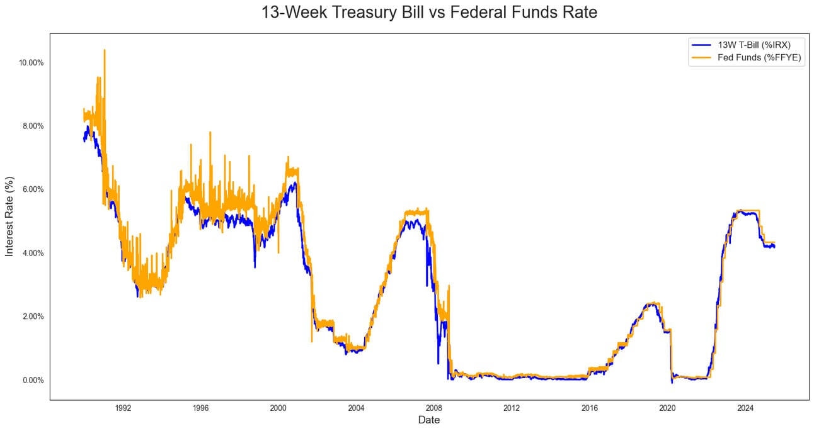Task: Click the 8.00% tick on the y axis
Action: [32, 126]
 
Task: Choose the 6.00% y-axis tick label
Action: [32, 189]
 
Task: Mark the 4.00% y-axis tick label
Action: [32, 253]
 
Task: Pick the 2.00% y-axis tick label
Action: [32, 316]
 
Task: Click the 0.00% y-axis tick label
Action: [32, 380]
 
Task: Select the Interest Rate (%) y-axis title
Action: [9, 216]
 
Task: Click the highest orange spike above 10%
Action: [105, 50]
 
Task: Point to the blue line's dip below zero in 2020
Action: [672, 382]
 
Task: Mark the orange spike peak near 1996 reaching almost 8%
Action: [210, 133]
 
